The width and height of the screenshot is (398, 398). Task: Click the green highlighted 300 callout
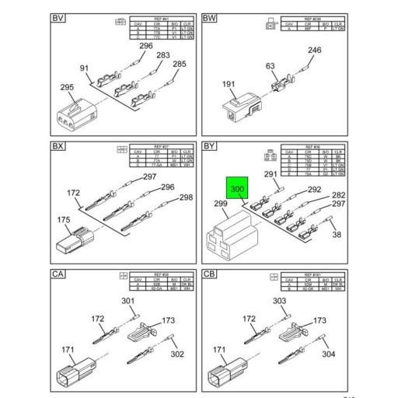(x=237, y=189)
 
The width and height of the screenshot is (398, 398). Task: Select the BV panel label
(x=58, y=19)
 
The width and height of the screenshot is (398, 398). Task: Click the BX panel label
(x=58, y=146)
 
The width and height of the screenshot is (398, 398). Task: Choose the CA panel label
(x=58, y=274)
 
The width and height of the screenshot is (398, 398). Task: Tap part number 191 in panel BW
(x=208, y=84)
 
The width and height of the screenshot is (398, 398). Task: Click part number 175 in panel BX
(x=65, y=220)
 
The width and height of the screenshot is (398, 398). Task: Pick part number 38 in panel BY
(x=336, y=235)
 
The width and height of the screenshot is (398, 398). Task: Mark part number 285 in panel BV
(x=179, y=64)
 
